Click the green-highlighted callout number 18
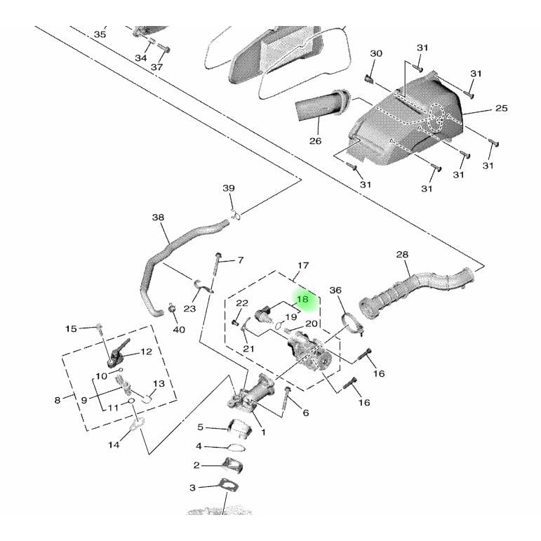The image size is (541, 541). pos(303,299)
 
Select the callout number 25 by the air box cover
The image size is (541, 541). pos(501,108)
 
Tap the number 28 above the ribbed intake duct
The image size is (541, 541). pos(402,254)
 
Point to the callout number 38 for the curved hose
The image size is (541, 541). pos(158,218)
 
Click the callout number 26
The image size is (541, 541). pos(315,140)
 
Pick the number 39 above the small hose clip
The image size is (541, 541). pos(229,188)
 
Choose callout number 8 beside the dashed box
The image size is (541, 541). pos(58,401)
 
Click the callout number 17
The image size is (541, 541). pos(303,266)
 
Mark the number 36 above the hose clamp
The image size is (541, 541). pos(335,290)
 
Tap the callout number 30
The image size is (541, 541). pos(376,54)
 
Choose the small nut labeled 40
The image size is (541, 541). pos(172,308)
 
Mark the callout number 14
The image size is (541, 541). pos(114,445)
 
